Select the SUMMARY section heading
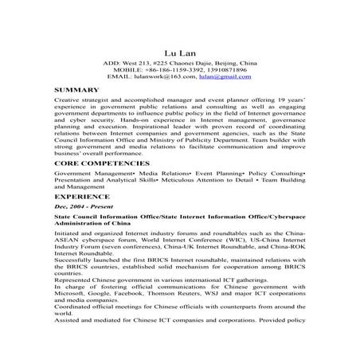coord(77,91)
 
